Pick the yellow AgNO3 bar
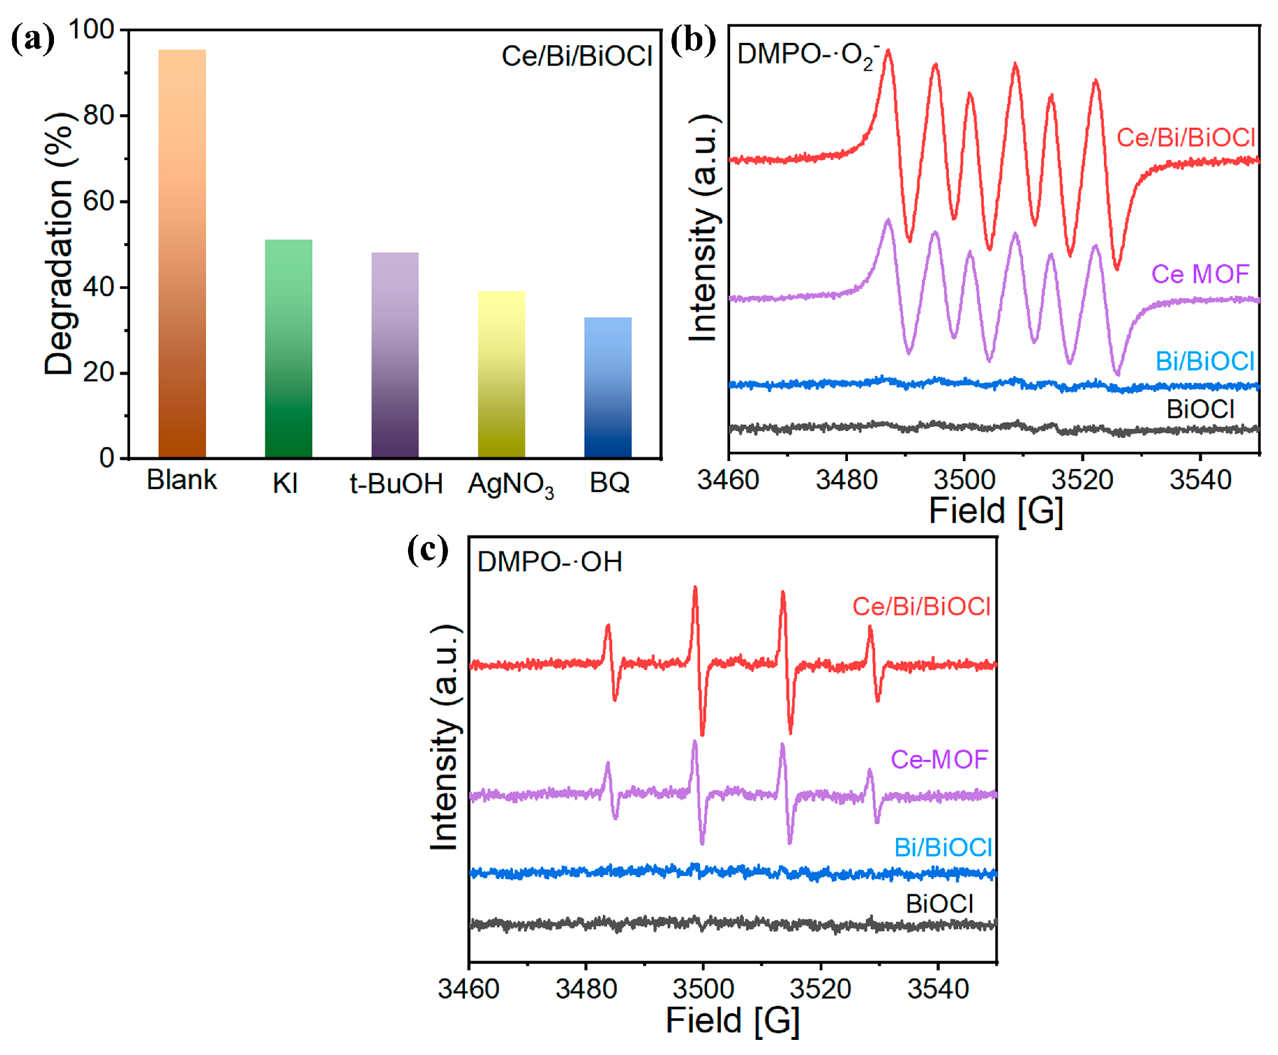501,374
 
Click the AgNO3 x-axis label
511,485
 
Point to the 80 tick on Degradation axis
99,115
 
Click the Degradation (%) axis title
60,243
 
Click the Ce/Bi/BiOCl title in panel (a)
576,56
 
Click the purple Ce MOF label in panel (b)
1200,274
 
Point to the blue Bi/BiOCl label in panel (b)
1204,361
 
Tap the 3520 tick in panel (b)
1082,480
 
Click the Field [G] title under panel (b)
995,510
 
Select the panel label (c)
427,550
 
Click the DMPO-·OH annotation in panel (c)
549,561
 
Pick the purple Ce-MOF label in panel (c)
938,760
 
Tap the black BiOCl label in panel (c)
940,904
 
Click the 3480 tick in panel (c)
586,989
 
